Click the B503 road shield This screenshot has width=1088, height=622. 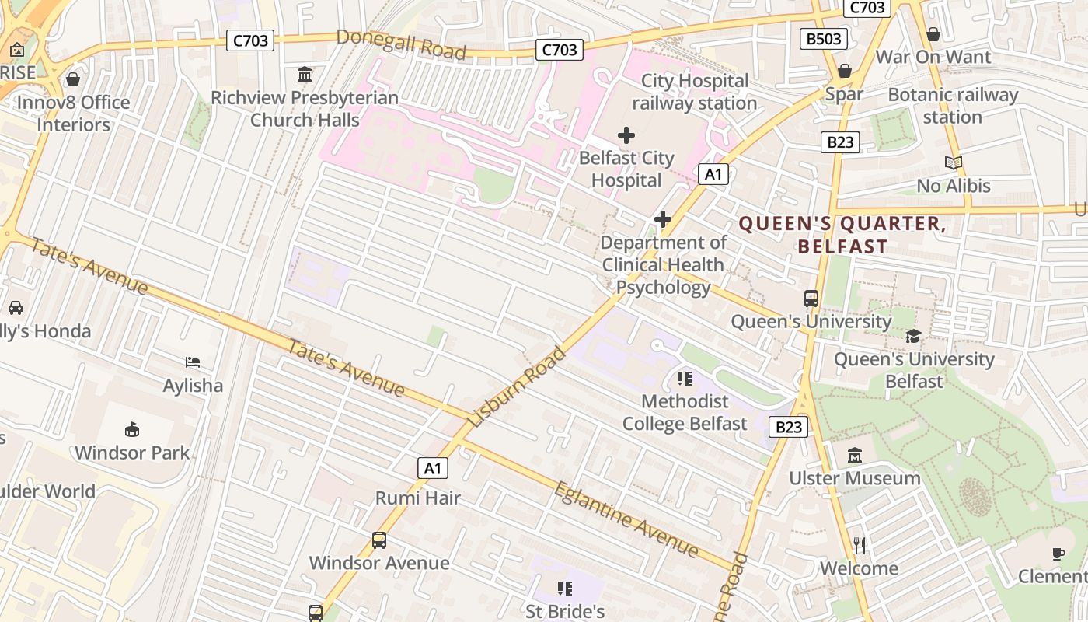point(823,38)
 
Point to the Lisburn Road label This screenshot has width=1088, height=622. point(518,386)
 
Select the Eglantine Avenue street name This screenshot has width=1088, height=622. point(626,519)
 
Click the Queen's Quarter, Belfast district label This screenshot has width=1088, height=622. point(842,236)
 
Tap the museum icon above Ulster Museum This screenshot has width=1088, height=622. point(855,455)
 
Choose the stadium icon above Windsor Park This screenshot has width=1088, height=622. point(132,429)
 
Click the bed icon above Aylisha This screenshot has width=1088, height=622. point(193,362)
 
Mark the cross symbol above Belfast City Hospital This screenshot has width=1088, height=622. point(626,135)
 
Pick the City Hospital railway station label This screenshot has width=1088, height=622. point(694,92)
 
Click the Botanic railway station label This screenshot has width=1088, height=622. point(953,106)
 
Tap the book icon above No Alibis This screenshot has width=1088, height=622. point(954,162)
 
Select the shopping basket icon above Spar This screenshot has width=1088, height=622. point(844,71)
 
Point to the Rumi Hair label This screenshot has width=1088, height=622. point(418,498)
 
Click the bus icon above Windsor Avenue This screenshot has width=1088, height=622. point(379,540)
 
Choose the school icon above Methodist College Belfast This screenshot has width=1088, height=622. point(684,379)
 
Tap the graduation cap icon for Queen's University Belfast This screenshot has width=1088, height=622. point(913,336)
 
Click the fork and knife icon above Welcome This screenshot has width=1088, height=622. point(859,545)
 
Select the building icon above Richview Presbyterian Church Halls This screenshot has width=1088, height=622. point(305,75)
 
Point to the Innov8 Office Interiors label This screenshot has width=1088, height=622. point(73,113)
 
